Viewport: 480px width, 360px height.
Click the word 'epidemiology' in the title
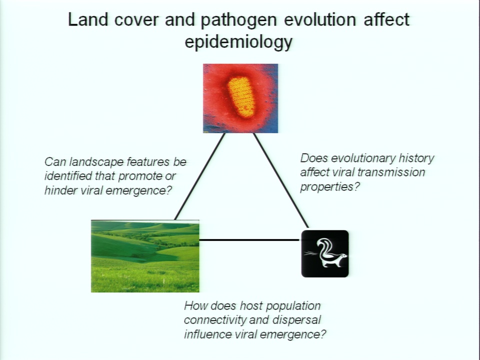pos(238,42)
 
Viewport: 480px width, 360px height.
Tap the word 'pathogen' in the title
pos(238,20)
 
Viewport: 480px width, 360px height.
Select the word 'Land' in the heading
pos(88,19)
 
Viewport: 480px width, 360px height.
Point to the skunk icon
pos(325,254)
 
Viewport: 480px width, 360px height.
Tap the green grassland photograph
pos(145,256)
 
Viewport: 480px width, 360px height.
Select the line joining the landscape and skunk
pos(249,240)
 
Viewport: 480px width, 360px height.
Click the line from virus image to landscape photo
pos(199,176)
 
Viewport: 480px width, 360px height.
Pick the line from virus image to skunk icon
pos(281,180)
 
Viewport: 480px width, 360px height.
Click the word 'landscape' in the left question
pos(98,162)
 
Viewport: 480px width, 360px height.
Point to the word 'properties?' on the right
pos(329,187)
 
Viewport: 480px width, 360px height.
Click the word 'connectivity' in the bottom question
pos(215,320)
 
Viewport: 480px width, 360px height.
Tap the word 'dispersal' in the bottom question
pos(296,320)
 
